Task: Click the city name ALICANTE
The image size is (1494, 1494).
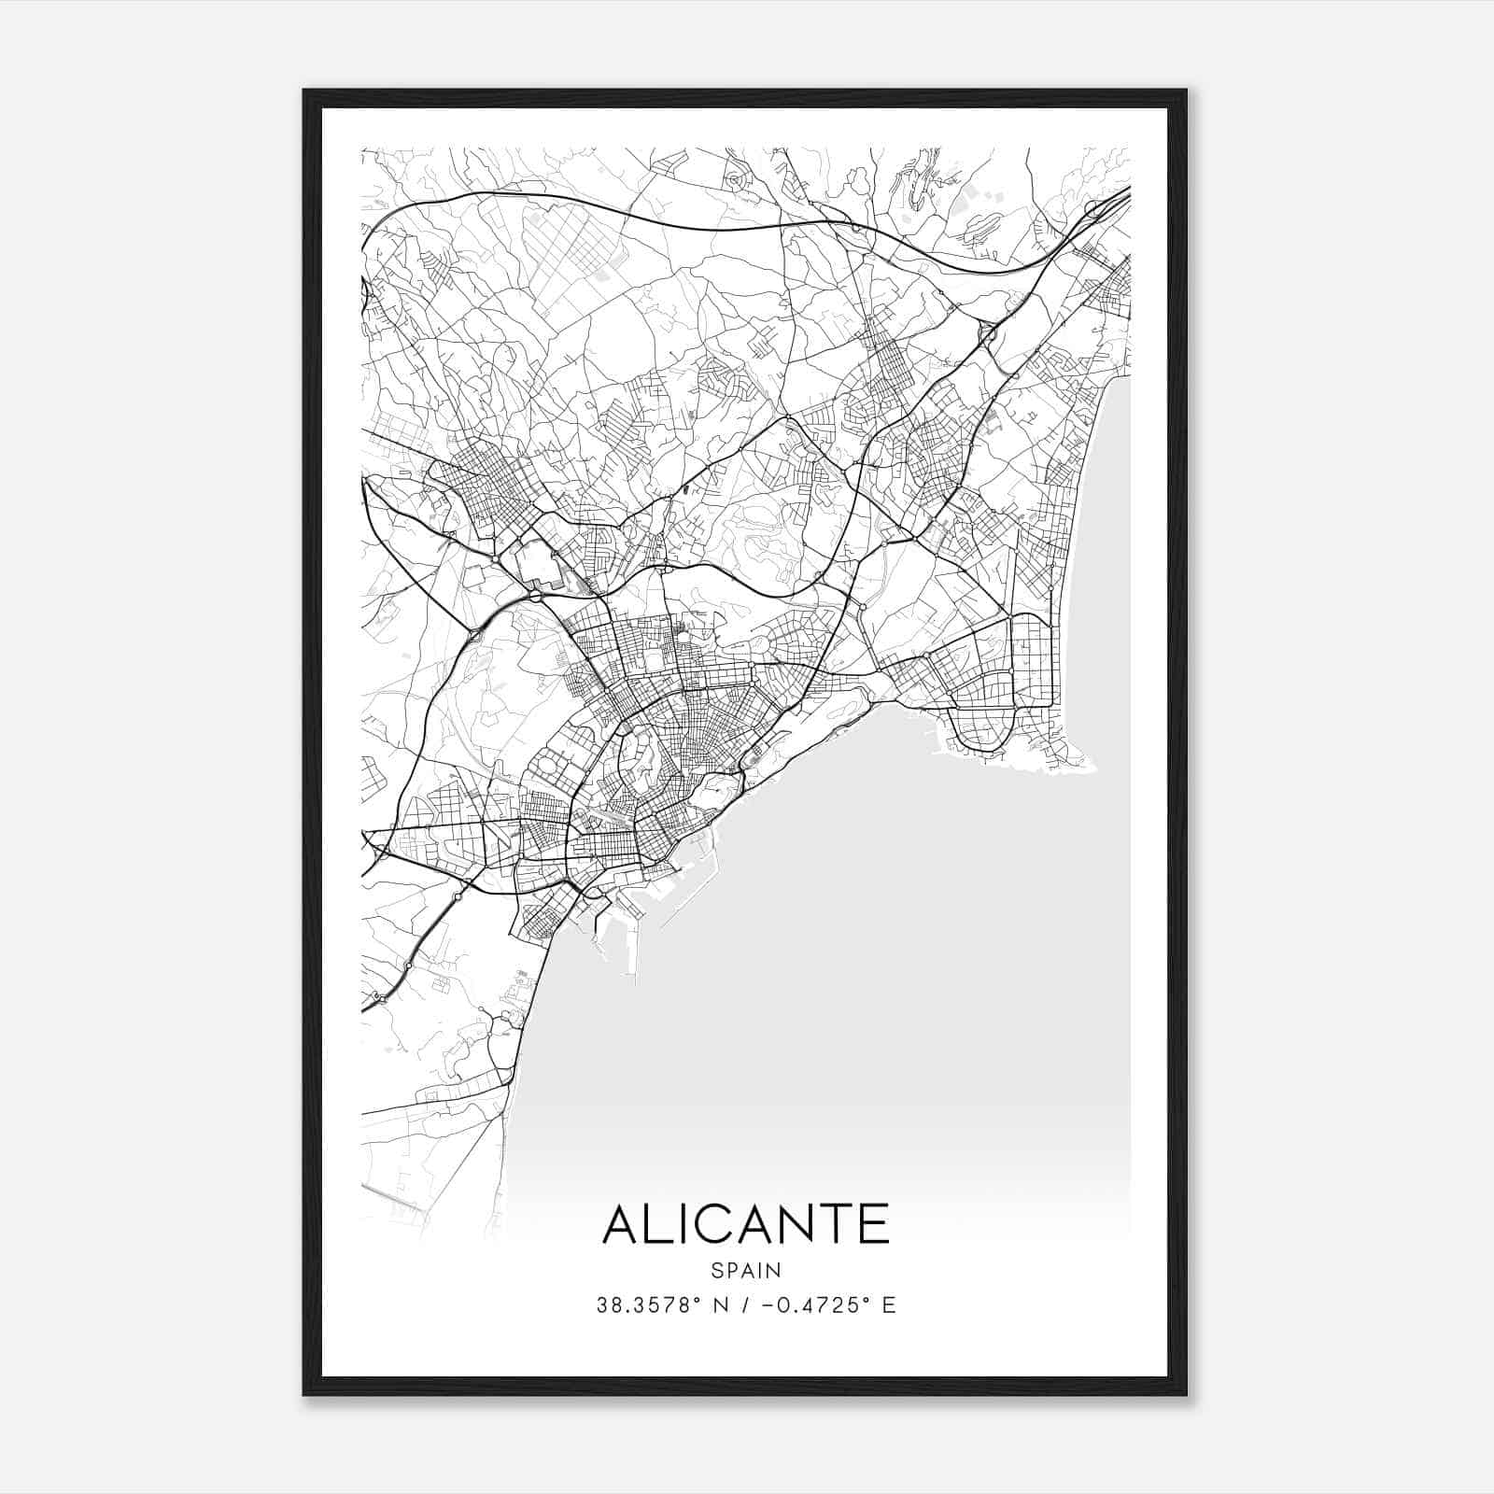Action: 746,1224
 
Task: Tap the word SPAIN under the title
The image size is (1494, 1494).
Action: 746,1270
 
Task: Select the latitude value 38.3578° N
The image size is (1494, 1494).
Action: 659,1305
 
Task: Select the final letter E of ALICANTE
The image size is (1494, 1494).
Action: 875,1224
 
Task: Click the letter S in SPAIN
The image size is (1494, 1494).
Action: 716,1270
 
